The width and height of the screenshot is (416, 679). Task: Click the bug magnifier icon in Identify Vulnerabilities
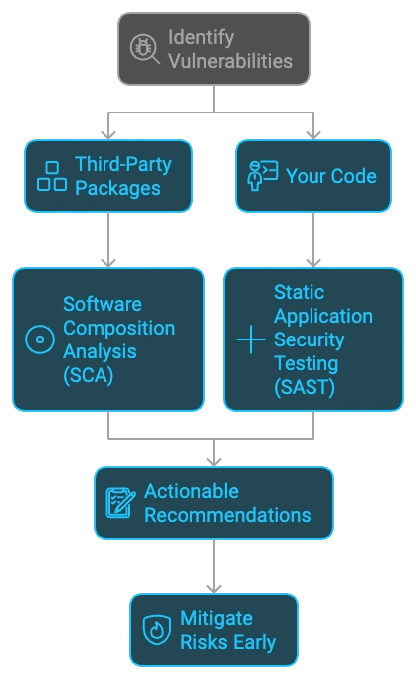145,49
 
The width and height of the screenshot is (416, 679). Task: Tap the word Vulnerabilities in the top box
230,61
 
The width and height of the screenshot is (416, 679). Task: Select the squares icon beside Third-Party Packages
52,175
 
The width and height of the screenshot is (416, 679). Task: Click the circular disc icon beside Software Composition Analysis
40,339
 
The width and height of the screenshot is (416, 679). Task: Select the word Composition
119,327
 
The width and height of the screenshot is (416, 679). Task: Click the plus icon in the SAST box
250,339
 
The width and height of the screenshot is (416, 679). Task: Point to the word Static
297,292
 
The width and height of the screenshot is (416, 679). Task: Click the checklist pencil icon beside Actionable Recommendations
121,503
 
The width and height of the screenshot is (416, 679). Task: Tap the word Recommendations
227,515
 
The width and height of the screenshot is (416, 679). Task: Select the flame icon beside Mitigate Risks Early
157,630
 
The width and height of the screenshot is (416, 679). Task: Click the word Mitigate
216,618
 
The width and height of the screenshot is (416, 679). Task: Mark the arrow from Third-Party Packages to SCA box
107,239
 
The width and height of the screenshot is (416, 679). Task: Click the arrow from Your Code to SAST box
314,239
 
